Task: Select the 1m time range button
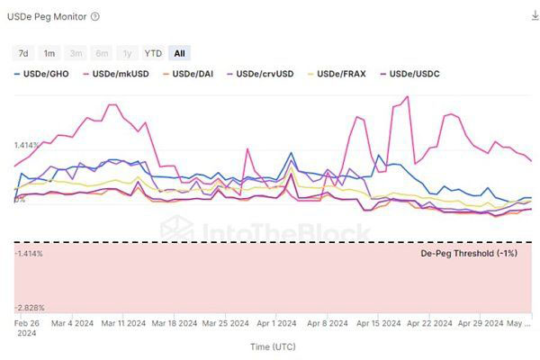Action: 50,53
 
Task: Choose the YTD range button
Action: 153,53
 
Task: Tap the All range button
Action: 180,53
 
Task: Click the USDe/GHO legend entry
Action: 42,73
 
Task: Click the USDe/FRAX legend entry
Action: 339,73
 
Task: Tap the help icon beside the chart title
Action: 95,16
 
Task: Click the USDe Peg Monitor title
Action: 49,16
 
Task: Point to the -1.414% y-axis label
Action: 29,254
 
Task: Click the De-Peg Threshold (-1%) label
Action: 469,254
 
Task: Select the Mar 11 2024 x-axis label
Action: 124,322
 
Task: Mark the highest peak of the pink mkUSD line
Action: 409,96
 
